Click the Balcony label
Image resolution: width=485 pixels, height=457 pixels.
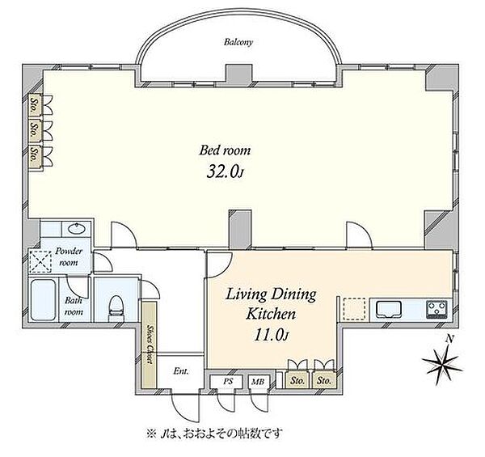(x=238, y=42)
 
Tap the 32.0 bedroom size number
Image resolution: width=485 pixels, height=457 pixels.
(x=222, y=171)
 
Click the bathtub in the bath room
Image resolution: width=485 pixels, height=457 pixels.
(x=44, y=300)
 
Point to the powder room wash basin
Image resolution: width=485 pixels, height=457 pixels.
(x=77, y=229)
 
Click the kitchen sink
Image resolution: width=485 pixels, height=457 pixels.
(x=389, y=309)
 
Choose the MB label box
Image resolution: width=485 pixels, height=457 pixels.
(x=259, y=382)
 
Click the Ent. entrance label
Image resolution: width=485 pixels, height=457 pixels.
(x=181, y=371)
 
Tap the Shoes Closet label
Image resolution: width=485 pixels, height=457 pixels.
(x=150, y=344)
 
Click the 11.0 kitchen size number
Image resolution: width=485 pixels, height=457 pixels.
(x=269, y=335)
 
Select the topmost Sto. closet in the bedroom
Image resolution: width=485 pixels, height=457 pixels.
(x=35, y=105)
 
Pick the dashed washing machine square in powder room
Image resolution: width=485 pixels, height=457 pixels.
(x=40, y=262)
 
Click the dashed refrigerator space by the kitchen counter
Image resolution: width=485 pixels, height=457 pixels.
(x=355, y=309)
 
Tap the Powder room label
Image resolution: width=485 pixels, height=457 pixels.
(x=69, y=257)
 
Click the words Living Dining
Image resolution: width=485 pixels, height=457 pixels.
(x=271, y=294)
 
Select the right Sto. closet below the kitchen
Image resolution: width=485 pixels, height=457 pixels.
(x=324, y=380)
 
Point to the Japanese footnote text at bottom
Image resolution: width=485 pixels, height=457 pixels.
(x=214, y=434)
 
